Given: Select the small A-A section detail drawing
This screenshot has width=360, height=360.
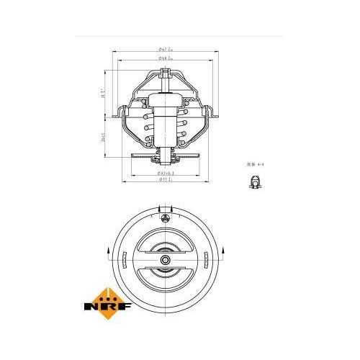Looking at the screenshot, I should point(254,186).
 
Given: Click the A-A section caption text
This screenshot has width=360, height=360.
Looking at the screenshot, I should point(253,165).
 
